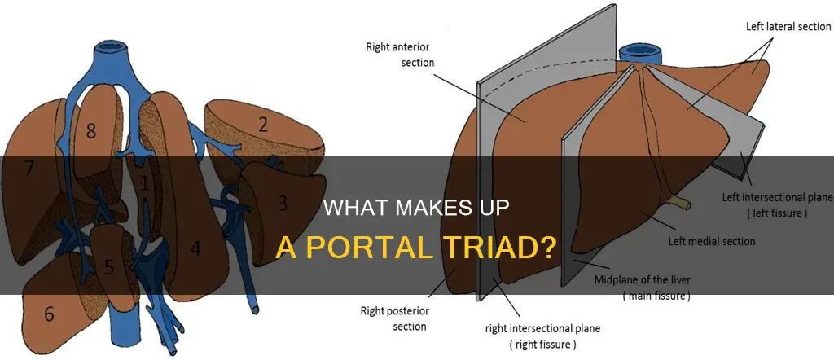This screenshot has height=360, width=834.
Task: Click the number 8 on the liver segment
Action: (90, 130)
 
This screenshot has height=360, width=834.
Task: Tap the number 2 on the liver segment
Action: (263, 124)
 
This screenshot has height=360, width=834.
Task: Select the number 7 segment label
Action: (30, 169)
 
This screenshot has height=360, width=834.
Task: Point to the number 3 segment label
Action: (283, 201)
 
